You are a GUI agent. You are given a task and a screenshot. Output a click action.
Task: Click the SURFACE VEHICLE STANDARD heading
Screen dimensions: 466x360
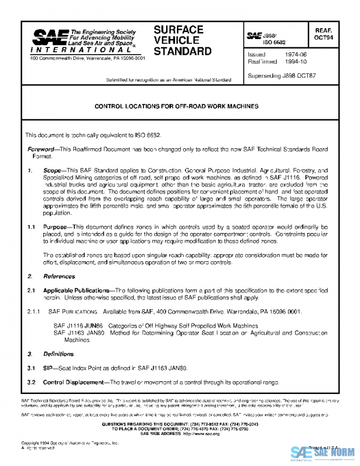point(179,40)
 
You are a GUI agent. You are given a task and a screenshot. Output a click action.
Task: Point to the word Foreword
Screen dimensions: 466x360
point(43,149)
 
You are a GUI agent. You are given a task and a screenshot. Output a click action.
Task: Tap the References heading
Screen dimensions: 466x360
point(59,276)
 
